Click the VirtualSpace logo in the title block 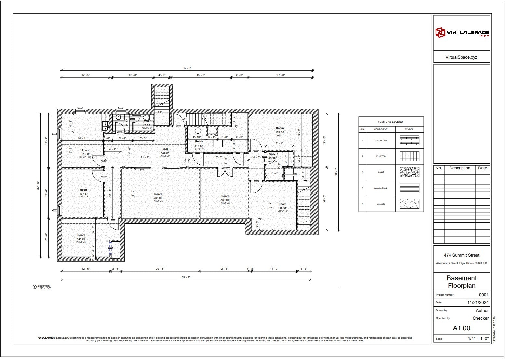coord(462,33)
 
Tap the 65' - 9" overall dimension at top coord(187,68)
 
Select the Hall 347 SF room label coord(165,152)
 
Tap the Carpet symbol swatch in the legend coord(409,172)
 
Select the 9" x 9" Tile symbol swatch coord(409,156)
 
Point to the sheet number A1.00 coord(462,328)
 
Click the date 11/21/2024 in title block coord(478,303)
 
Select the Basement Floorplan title coord(462,282)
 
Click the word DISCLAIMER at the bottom coord(47,338)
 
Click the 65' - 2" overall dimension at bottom coord(186,277)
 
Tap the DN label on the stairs coord(295,175)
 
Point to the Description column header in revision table coord(460,168)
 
